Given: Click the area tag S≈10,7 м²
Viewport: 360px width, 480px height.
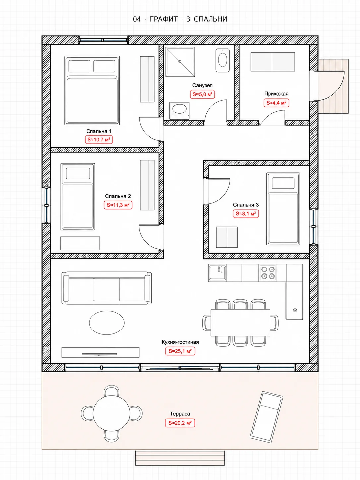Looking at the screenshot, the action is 99,140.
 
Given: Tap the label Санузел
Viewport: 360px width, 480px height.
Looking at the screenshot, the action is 203,85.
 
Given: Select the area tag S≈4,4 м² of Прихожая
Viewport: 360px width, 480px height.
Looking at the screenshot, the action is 276,103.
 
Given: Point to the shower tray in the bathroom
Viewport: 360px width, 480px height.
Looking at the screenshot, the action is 180,62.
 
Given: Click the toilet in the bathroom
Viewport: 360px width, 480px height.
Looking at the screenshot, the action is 223,60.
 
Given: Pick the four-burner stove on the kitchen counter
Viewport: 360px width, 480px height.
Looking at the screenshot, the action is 268,273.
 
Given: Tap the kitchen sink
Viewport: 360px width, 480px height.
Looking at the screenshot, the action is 217,273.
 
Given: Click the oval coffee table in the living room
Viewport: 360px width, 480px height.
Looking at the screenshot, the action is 107,323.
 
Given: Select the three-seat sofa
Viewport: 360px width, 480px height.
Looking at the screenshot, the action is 107,288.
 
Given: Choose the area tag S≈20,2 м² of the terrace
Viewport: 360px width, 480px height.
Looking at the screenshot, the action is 180,423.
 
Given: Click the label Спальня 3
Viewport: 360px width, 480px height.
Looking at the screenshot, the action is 246,205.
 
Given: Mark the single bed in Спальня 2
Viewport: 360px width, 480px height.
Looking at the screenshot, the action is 78,197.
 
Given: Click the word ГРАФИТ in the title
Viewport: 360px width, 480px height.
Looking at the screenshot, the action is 164,19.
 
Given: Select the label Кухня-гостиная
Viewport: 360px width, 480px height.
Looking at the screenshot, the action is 180,342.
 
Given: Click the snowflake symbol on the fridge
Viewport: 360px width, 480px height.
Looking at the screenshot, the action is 295,310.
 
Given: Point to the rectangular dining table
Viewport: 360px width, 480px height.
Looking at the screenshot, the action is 240,323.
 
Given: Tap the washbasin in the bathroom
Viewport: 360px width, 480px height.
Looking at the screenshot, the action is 179,109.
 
